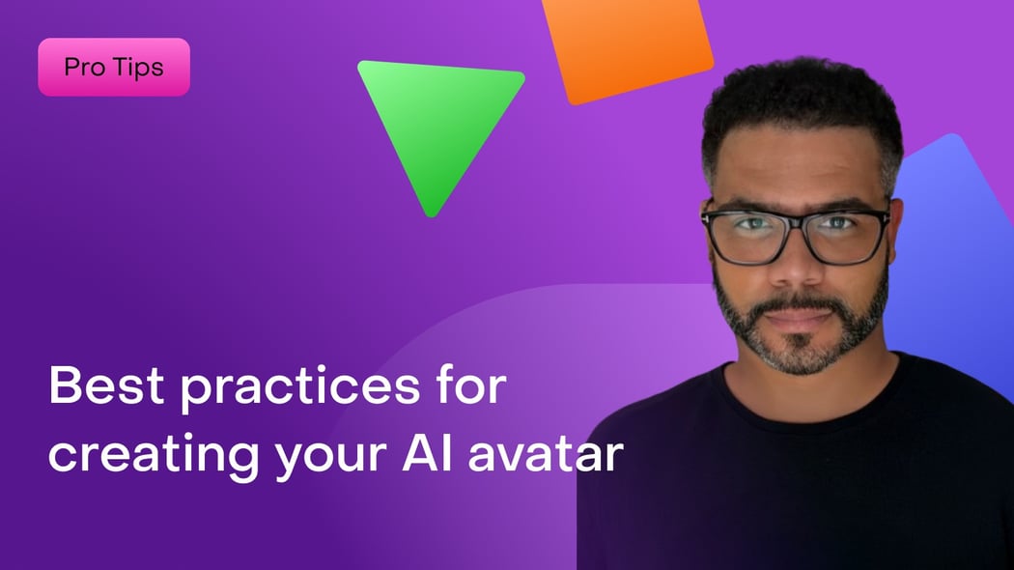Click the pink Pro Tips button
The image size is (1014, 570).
point(114,68)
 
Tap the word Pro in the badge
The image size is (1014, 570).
point(85,67)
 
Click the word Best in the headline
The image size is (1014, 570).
point(106,385)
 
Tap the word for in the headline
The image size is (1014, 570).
point(471,385)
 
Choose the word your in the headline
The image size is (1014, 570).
point(330,459)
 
